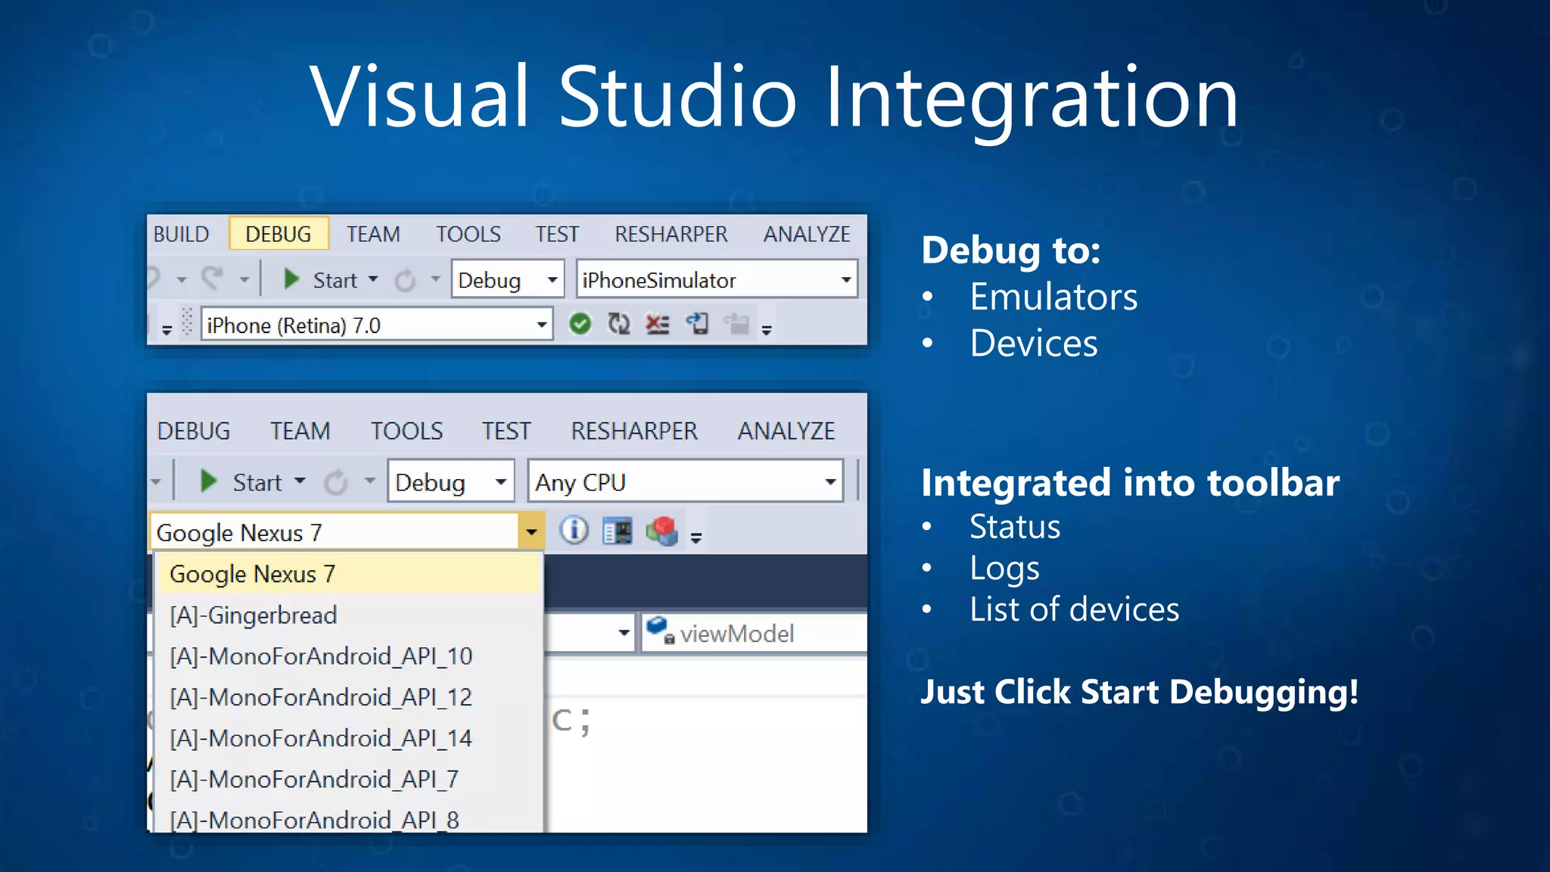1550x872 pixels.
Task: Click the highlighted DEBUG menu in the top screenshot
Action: (x=278, y=234)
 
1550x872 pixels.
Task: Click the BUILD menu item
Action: (x=181, y=234)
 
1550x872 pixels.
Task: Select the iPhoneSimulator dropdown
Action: (x=715, y=280)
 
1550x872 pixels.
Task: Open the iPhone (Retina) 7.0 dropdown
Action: (x=376, y=325)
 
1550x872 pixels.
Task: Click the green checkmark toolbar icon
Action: (x=580, y=325)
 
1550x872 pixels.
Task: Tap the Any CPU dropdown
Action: (x=685, y=482)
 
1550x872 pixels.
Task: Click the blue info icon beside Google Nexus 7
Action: (x=574, y=530)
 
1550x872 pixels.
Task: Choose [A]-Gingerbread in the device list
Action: (x=254, y=615)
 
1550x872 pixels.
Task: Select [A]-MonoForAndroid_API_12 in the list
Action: (x=321, y=696)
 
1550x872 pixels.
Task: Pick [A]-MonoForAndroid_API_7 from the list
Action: (x=314, y=779)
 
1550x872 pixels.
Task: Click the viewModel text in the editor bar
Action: (x=736, y=634)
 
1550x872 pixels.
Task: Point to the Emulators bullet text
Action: (x=1053, y=297)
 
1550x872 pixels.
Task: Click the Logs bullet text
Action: (x=1004, y=568)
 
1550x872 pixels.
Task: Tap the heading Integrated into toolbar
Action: (x=1130, y=483)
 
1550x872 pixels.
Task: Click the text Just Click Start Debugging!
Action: (x=1139, y=692)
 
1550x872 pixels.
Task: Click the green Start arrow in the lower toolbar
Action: (x=208, y=481)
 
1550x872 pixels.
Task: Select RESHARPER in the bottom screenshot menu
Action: (x=633, y=431)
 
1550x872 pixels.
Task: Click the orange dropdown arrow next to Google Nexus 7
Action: (x=531, y=531)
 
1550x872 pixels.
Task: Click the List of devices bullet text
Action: (x=1074, y=609)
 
